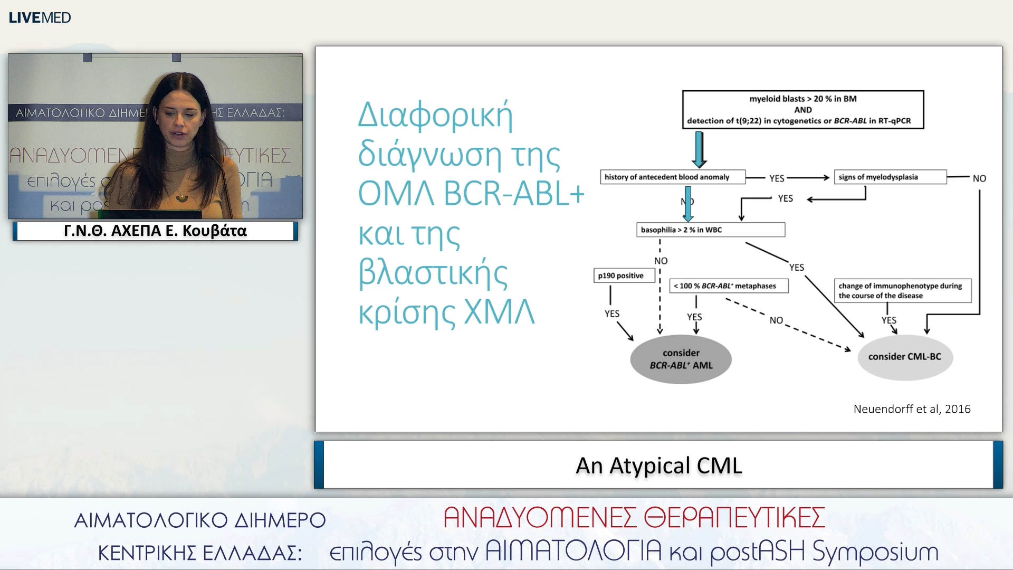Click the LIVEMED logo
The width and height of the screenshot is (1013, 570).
(40, 17)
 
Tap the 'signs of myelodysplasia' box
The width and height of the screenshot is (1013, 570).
(890, 177)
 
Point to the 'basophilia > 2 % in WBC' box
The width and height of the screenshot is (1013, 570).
(710, 230)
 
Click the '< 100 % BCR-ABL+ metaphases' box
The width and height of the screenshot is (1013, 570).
(729, 286)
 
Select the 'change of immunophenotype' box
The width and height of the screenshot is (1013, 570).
(902, 290)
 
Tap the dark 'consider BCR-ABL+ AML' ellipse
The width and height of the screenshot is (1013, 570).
(681, 359)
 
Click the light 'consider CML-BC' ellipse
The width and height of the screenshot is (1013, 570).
(904, 357)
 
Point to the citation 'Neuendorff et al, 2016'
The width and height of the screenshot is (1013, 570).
(912, 409)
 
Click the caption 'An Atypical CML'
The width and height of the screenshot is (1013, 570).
(658, 465)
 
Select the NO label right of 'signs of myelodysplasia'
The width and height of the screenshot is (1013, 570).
(979, 178)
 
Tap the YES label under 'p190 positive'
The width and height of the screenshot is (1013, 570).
(611, 313)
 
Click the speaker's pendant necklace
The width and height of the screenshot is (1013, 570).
(181, 198)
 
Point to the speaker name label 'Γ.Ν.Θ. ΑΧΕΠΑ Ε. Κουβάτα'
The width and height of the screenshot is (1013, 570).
(155, 231)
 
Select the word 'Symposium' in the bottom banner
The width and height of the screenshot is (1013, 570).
(875, 552)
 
